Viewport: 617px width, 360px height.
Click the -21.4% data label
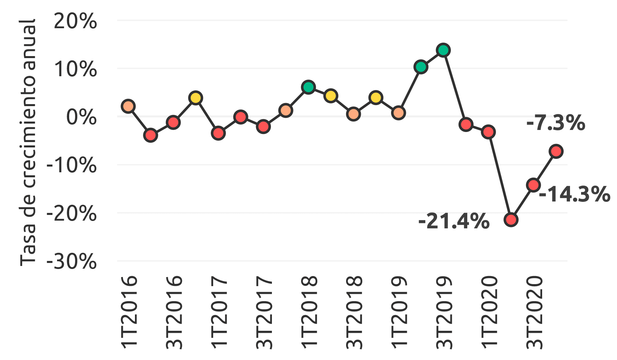click(454, 222)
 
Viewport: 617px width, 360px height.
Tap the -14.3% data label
click(574, 194)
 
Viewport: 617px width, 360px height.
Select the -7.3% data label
click(556, 123)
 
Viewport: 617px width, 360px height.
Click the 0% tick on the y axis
click(82, 118)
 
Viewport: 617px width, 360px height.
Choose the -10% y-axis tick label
click(72, 165)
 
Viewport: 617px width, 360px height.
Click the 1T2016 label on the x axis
click(129, 312)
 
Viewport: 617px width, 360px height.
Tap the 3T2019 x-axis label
click(444, 312)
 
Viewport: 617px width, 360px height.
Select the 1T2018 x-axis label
click(309, 312)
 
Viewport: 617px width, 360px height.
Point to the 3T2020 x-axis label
click(534, 312)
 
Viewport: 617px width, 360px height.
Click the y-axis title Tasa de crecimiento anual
click(28, 143)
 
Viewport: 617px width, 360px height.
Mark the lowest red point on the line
click(511, 220)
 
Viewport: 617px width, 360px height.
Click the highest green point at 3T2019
click(443, 50)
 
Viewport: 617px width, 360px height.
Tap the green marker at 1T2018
click(308, 87)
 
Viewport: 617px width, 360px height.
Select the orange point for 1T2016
click(128, 106)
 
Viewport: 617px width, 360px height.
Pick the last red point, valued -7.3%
click(556, 151)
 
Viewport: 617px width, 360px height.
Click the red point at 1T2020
click(488, 132)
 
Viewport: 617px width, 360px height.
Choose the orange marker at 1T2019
click(398, 113)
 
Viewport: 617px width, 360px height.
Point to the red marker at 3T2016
click(173, 123)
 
